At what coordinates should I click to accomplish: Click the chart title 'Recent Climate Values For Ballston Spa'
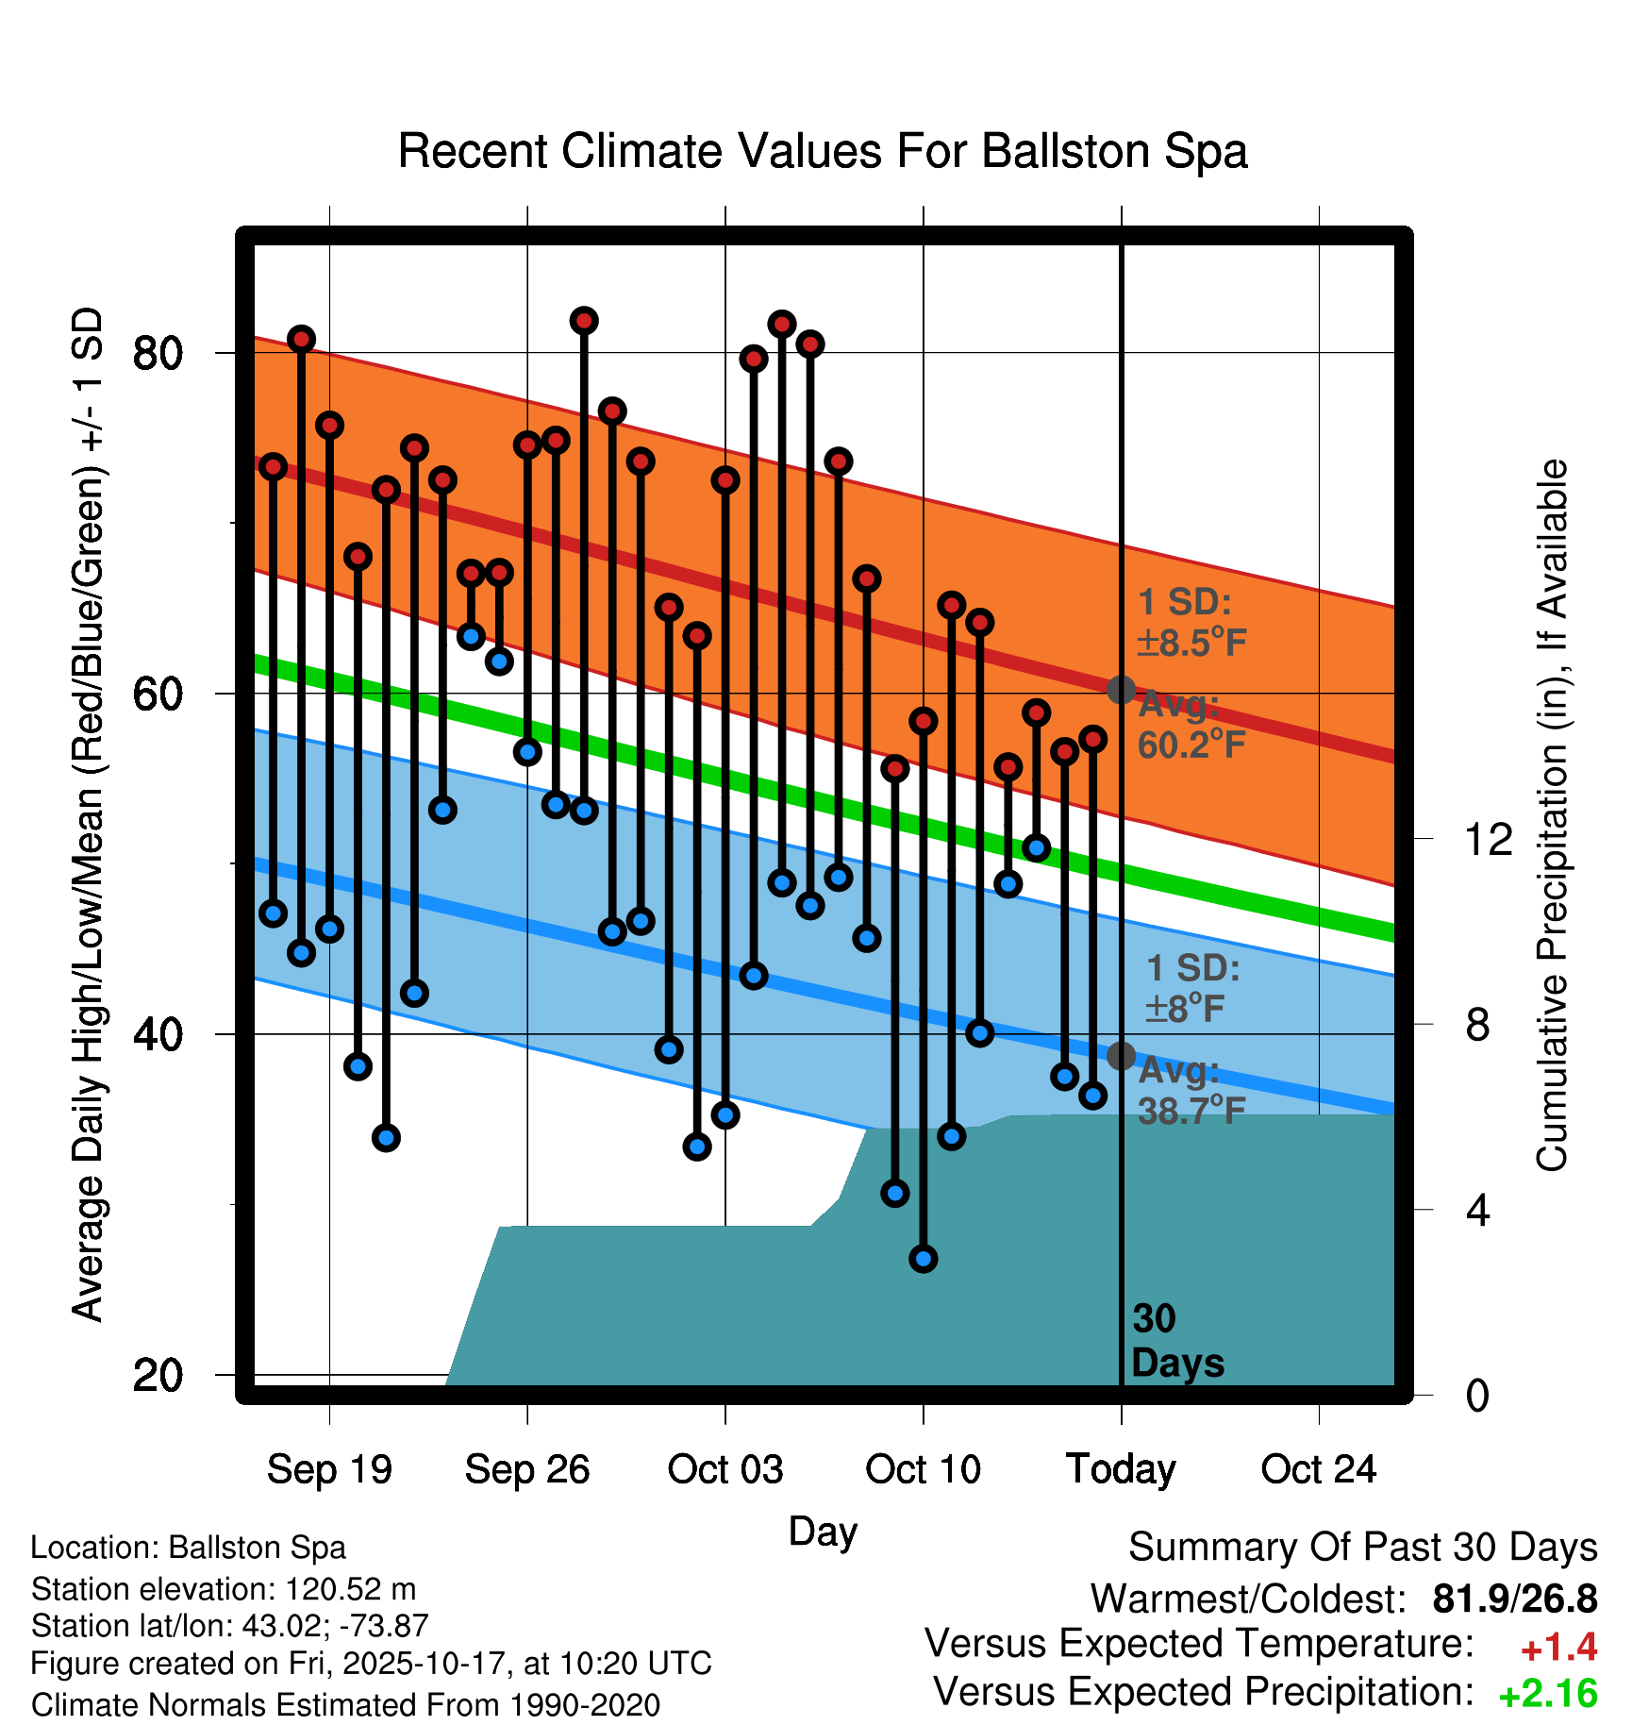click(823, 151)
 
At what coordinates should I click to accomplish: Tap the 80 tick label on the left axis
click(158, 354)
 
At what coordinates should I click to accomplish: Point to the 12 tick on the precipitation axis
click(1488, 839)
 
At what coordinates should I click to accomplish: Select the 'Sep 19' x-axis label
click(329, 1469)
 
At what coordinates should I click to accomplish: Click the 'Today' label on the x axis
click(1121, 1469)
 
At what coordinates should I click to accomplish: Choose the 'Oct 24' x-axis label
click(1319, 1469)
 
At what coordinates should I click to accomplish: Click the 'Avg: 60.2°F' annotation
click(1191, 726)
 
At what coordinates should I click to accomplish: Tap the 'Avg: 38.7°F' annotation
click(1191, 1091)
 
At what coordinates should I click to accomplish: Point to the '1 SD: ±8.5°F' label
click(1191, 623)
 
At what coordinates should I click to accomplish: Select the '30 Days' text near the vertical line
click(1176, 1341)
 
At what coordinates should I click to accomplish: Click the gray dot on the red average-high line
click(1121, 690)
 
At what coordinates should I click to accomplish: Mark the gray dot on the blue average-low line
click(1121, 1056)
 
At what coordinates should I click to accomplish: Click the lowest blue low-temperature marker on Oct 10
click(924, 1258)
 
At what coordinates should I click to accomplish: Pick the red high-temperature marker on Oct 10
click(924, 721)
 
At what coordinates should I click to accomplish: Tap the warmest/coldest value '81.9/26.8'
click(1514, 1599)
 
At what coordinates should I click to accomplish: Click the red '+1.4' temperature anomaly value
click(1558, 1648)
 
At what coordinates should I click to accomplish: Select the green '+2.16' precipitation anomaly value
click(1548, 1695)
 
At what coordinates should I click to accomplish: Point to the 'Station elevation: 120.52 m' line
click(224, 1589)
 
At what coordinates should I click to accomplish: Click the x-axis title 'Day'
click(823, 1531)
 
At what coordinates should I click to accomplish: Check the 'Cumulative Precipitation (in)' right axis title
click(1551, 815)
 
